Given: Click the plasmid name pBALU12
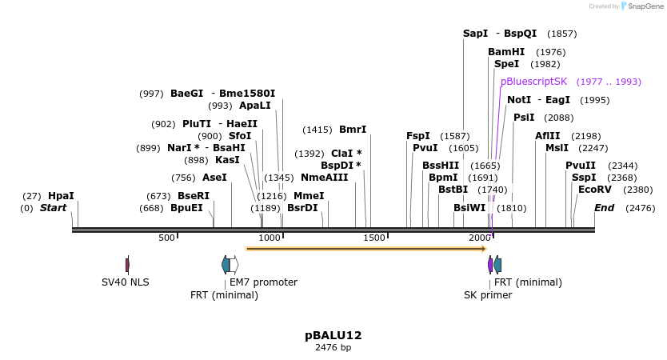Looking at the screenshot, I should pos(333,335).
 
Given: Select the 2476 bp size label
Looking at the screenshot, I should pos(333,348).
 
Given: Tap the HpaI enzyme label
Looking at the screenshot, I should pos(61,195).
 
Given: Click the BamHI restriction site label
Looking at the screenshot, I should pos(506,52).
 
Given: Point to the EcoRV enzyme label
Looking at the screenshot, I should pos(594,190).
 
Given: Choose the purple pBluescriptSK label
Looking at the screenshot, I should pos(533,82).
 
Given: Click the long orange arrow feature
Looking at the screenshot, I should pos(365,249).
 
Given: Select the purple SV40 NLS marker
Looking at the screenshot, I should pos(127,265).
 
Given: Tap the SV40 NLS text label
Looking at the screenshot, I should pos(125,282).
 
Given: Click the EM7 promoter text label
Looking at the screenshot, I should pos(263,282).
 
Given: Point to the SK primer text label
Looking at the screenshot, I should pos(488,295).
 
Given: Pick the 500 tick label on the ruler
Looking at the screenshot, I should pos(166,238).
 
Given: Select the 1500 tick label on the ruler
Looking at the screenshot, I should pos(375,238).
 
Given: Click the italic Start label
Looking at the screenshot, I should pos(53,208).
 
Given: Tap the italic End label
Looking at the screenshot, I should pos(604,208).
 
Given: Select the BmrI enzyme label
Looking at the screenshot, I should pos(353,130).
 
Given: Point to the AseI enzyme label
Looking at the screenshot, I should pos(214,178).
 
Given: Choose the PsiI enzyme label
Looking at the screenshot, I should pos(524,118).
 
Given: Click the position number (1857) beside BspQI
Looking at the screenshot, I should pos(561,34).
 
